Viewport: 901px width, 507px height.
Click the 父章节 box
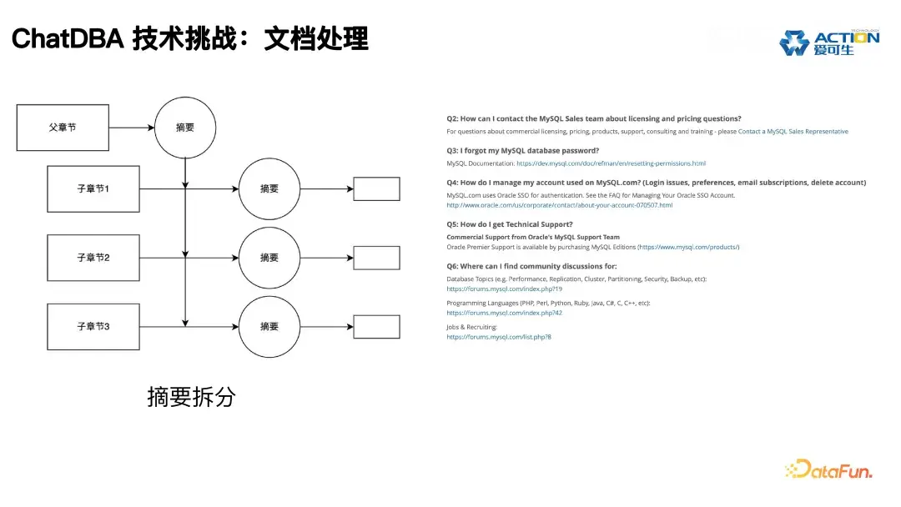63,128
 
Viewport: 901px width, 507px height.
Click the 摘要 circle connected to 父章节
185,128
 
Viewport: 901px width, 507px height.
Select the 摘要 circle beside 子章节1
269,189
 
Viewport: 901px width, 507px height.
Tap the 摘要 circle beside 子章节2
269,258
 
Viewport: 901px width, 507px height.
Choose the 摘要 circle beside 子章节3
269,326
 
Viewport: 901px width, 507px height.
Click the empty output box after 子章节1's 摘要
376,189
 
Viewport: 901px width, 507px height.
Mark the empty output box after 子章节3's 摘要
376,326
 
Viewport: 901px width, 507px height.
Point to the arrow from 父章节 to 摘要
132,128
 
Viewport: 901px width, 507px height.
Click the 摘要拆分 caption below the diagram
191,397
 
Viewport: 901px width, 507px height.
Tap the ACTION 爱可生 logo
828,43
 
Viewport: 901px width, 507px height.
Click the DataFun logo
828,469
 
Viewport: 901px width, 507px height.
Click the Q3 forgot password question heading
522,151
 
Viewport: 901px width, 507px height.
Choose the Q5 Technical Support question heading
509,224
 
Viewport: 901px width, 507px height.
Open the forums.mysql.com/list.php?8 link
498,337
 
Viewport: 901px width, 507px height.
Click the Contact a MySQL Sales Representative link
793,132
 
